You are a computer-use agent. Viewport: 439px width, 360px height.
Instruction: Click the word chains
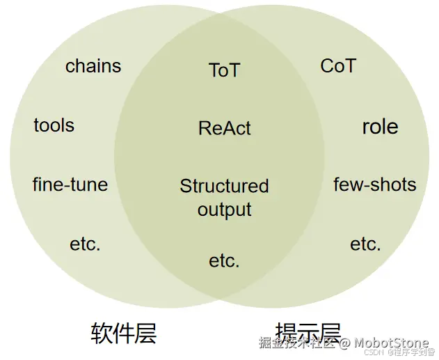(x=93, y=66)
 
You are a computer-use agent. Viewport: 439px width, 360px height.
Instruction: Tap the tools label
(x=54, y=125)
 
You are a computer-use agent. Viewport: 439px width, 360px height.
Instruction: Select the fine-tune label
(x=70, y=185)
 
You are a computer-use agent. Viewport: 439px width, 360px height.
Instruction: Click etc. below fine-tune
(x=85, y=244)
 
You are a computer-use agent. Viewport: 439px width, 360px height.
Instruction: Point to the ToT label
(x=224, y=70)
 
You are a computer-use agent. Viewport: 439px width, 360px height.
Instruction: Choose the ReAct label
(x=224, y=128)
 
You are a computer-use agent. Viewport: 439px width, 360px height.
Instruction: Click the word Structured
(x=224, y=186)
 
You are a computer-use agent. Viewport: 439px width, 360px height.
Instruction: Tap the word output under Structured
(x=224, y=210)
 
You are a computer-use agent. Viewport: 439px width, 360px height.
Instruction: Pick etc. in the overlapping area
(x=224, y=261)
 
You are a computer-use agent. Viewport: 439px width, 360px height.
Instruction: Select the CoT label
(x=338, y=66)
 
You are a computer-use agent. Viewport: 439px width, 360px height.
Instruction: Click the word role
(x=380, y=127)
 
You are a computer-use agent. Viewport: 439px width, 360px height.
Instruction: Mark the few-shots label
(x=375, y=185)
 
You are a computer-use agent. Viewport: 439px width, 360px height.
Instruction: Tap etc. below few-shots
(x=365, y=244)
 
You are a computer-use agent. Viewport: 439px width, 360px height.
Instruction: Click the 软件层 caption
(x=124, y=334)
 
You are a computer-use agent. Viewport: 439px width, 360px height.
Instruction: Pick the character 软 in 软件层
(x=102, y=334)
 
